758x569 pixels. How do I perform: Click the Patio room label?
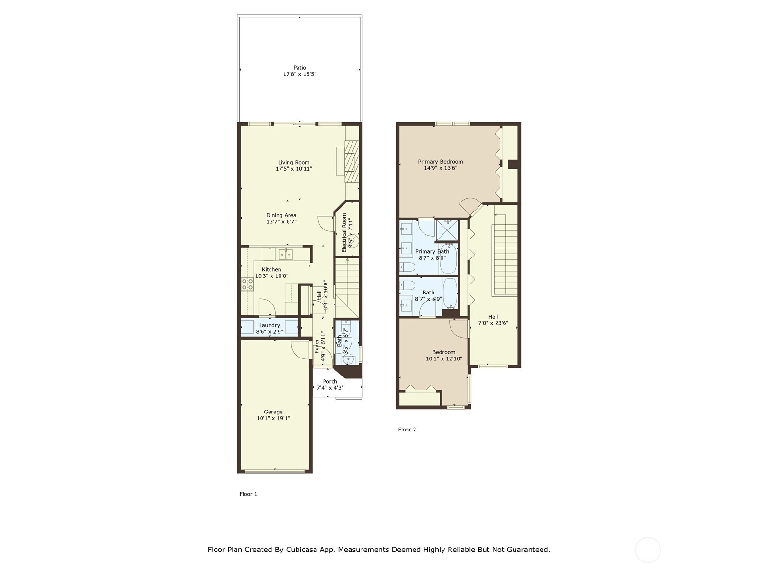[299, 68]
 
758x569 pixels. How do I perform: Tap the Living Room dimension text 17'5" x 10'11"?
[294, 169]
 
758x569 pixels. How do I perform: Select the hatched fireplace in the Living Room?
[352, 161]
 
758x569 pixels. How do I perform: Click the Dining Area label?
[281, 215]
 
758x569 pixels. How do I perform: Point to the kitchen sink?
[285, 254]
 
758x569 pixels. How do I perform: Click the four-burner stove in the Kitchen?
[247, 284]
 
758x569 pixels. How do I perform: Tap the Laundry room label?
[269, 325]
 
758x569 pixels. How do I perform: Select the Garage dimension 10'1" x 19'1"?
[273, 419]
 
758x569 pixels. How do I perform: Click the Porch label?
[330, 381]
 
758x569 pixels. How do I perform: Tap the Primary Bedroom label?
[440, 162]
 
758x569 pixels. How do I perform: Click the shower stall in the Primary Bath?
[447, 230]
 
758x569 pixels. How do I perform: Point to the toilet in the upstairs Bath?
[406, 285]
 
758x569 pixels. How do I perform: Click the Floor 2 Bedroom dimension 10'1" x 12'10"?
[444, 359]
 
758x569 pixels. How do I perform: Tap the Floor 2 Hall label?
[493, 317]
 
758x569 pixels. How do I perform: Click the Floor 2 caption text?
[407, 430]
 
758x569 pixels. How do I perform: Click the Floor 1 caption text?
[248, 494]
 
